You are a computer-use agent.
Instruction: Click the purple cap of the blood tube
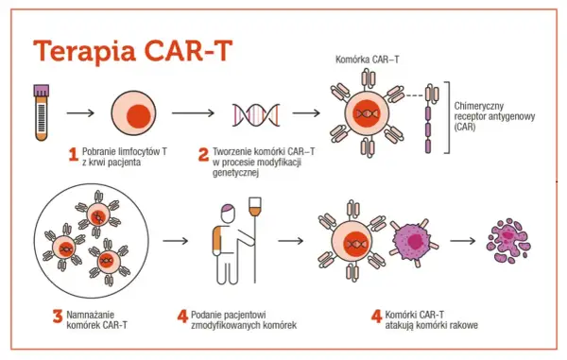point(42,91)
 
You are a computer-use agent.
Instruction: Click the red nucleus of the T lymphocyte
point(139,116)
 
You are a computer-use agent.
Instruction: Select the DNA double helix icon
point(256,115)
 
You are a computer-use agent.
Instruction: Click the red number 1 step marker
point(74,155)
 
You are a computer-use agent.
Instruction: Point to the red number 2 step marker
point(203,155)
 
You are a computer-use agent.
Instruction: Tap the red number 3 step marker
point(58,317)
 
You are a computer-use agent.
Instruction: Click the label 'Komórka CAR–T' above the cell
point(367,60)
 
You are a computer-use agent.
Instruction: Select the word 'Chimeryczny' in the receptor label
point(479,106)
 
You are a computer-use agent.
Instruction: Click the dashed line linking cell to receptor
point(414,95)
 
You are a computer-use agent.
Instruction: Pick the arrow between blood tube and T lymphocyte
point(80,113)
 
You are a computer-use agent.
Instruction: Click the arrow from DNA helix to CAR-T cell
point(306,113)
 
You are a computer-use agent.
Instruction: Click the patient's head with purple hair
point(228,214)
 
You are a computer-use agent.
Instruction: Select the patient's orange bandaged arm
point(216,239)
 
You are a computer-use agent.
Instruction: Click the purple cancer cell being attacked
point(413,241)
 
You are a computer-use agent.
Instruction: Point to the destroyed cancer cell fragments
point(508,241)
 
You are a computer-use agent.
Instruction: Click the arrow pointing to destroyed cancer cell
point(462,241)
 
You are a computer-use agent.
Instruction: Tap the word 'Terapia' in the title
point(85,51)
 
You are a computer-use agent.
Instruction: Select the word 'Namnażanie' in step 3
point(90,315)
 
